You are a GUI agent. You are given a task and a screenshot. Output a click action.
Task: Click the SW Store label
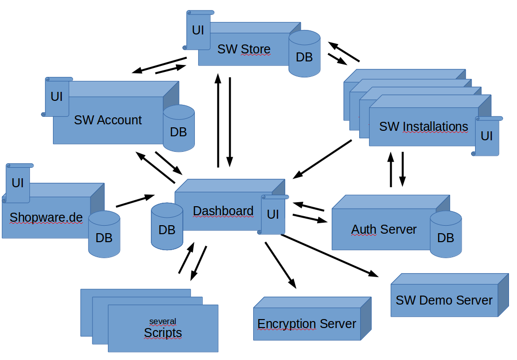pyautogui.click(x=244, y=49)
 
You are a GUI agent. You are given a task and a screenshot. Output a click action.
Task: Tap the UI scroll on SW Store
pyautogui.click(x=198, y=30)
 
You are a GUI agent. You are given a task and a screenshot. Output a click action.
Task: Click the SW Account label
pyautogui.click(x=108, y=120)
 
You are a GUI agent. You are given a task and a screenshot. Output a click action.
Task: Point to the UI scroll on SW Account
pyautogui.click(x=57, y=96)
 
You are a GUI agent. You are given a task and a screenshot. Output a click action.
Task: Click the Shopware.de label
pyautogui.click(x=46, y=218)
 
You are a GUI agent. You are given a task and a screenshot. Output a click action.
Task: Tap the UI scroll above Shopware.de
pyautogui.click(x=18, y=183)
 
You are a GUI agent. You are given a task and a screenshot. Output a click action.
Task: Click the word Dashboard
pyautogui.click(x=223, y=211)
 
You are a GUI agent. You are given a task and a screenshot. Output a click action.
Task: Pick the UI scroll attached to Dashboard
pyautogui.click(x=273, y=215)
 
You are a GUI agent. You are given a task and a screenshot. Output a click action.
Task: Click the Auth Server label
pyautogui.click(x=384, y=229)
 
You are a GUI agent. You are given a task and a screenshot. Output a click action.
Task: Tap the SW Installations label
pyautogui.click(x=424, y=126)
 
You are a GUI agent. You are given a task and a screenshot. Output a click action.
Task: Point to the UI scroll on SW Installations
pyautogui.click(x=487, y=136)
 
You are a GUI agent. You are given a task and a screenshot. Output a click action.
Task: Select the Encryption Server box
pyautogui.click(x=307, y=324)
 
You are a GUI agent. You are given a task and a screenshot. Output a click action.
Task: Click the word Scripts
pyautogui.click(x=163, y=333)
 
